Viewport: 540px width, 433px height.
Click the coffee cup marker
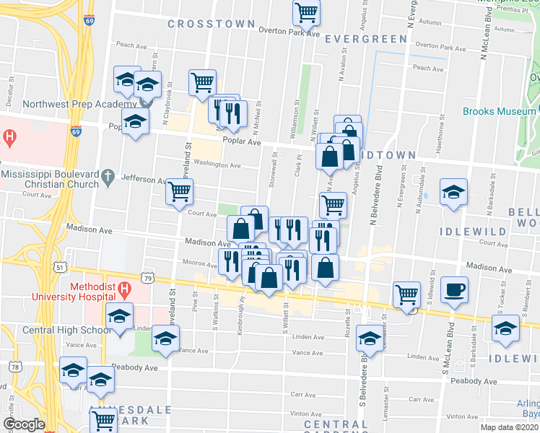454,289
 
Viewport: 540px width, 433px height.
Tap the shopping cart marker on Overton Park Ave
306,12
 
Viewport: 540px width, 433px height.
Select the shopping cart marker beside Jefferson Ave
179,192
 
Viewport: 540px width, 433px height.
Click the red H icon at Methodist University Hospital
124,291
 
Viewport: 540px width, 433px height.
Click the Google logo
23,424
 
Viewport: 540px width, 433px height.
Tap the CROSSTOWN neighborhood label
201,24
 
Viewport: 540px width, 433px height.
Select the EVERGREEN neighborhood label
365,38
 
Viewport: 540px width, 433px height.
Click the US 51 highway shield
58,267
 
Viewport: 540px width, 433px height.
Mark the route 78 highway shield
15,368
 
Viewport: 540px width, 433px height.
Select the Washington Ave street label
220,165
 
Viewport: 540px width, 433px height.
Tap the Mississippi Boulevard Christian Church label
50,179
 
